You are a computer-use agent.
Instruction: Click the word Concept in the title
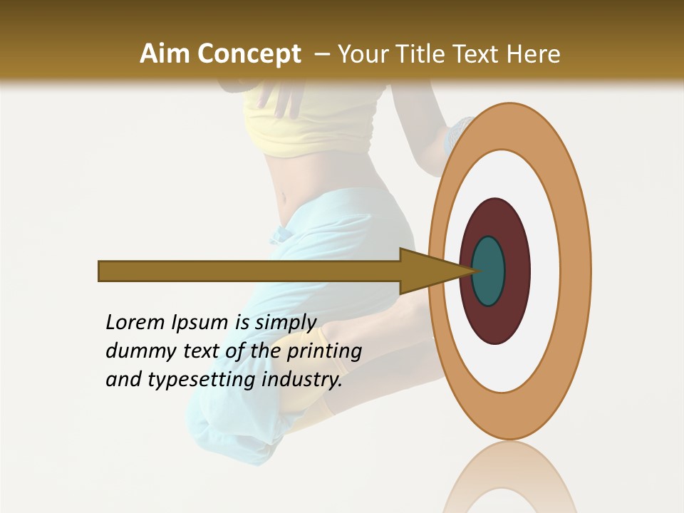(x=249, y=54)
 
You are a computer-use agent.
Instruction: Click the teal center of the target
(x=488, y=271)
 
